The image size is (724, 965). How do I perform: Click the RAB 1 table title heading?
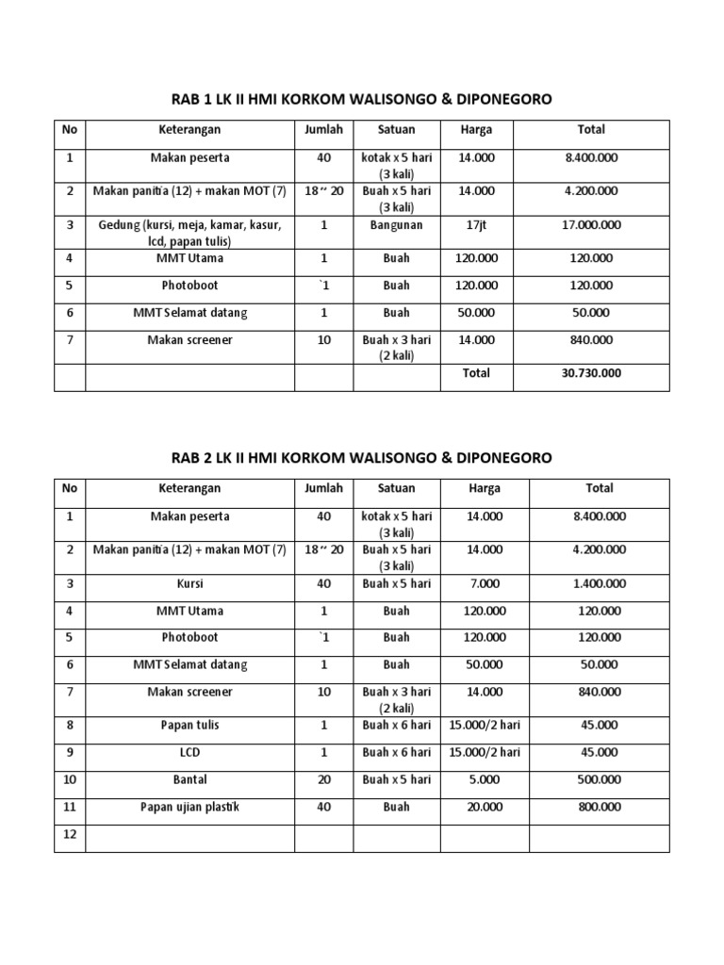pyautogui.click(x=362, y=99)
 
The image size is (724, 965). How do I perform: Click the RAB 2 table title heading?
pyautogui.click(x=362, y=457)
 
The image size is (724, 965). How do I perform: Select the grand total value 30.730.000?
pyautogui.click(x=592, y=373)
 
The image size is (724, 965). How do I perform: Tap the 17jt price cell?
pyautogui.click(x=476, y=226)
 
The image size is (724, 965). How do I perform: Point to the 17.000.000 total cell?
pyautogui.click(x=592, y=226)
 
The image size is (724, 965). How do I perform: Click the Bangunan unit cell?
pyautogui.click(x=396, y=226)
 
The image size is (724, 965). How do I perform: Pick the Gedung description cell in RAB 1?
pyautogui.click(x=189, y=233)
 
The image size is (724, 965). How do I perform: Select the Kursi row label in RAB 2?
pyautogui.click(x=189, y=584)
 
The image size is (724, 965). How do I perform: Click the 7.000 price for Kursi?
pyautogui.click(x=485, y=584)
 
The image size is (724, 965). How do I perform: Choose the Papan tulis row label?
pyautogui.click(x=189, y=726)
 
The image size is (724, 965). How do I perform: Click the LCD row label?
pyautogui.click(x=189, y=753)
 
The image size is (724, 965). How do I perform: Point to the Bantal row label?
pyautogui.click(x=189, y=780)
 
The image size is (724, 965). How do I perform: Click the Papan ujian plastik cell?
pyautogui.click(x=189, y=808)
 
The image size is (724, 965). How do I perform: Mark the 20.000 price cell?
pyautogui.click(x=485, y=808)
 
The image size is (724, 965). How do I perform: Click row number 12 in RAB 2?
pyautogui.click(x=70, y=835)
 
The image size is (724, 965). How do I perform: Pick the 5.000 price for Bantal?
pyautogui.click(x=485, y=780)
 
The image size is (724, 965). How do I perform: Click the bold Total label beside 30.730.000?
pyautogui.click(x=476, y=373)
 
